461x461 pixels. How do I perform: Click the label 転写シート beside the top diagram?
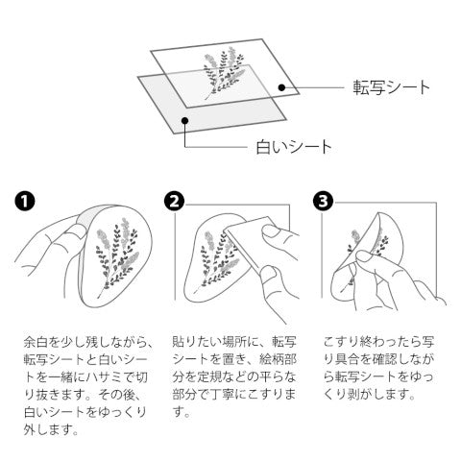(x=391, y=87)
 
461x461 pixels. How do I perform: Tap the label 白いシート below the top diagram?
(x=293, y=147)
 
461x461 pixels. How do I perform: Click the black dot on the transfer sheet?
(x=281, y=87)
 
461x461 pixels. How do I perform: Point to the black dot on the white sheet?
(x=184, y=120)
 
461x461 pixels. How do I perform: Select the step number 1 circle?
(x=25, y=201)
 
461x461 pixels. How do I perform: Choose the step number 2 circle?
(x=174, y=202)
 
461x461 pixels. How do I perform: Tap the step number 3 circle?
(x=323, y=202)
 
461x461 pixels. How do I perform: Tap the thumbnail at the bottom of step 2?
(x=269, y=275)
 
